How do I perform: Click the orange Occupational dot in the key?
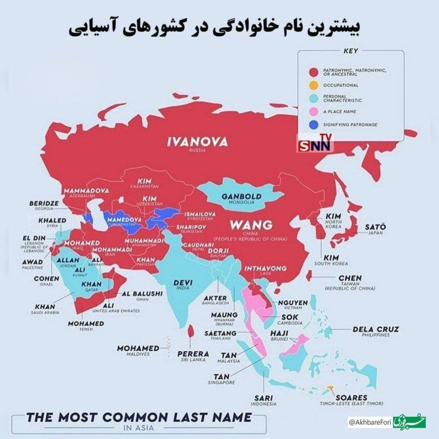313,85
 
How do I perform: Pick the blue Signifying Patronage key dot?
313,124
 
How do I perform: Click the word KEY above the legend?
350,51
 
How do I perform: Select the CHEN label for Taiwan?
350,278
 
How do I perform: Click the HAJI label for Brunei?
279,333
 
